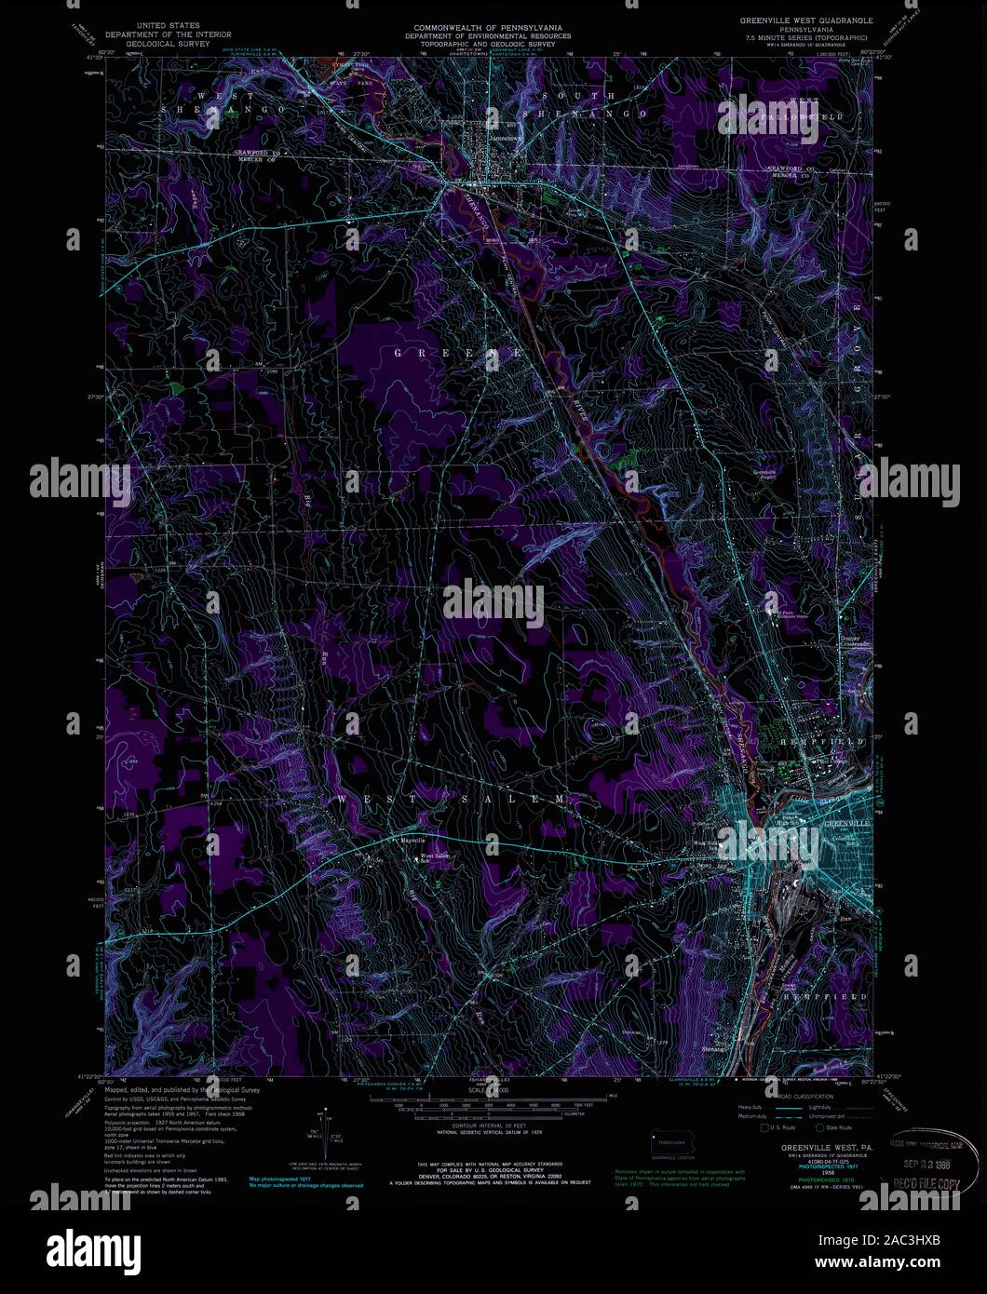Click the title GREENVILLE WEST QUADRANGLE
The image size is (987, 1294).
pyautogui.click(x=805, y=20)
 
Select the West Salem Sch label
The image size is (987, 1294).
pyautogui.click(x=435, y=857)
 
